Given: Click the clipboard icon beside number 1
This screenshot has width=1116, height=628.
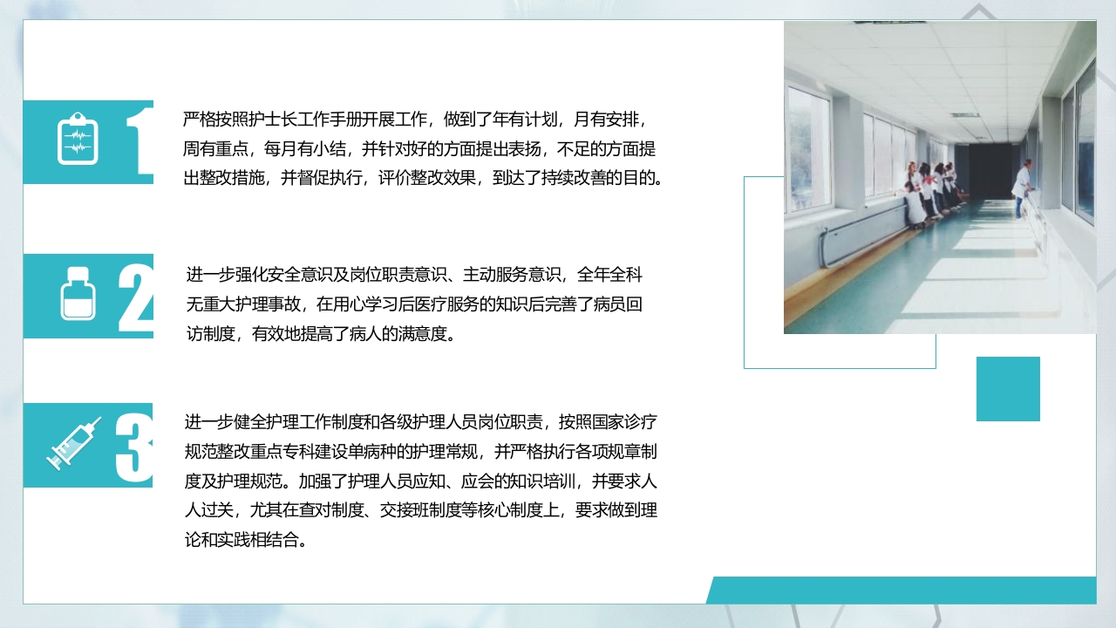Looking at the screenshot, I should [77, 140].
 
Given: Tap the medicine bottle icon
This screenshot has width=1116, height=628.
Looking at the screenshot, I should [78, 294].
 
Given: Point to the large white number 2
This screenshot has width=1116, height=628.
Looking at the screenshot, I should [136, 297].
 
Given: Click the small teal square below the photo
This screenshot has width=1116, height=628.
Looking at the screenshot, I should [1008, 389].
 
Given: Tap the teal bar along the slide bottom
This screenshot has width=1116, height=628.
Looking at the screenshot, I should [902, 590].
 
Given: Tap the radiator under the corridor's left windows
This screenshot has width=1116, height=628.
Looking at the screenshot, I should [864, 230].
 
